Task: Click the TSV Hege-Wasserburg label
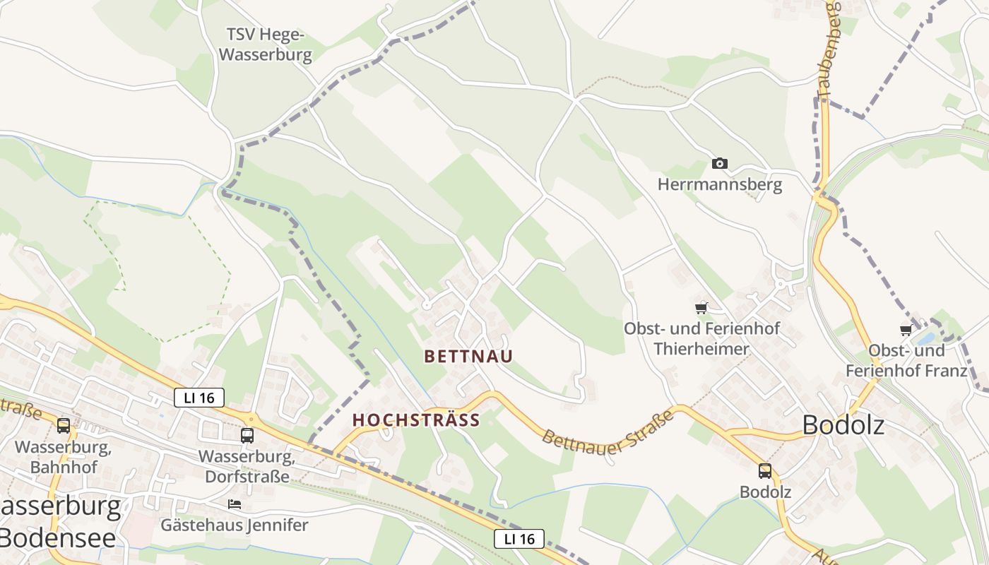click(x=266, y=45)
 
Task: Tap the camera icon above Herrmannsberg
click(x=719, y=164)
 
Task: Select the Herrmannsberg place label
click(x=719, y=185)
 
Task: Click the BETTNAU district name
click(x=468, y=357)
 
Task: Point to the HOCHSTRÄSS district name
click(x=416, y=420)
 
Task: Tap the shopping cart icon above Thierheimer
click(x=701, y=308)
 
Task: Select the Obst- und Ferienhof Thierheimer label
click(x=701, y=339)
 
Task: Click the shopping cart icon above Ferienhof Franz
click(x=906, y=330)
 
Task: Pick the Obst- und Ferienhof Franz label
click(x=906, y=361)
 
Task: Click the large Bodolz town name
click(x=843, y=426)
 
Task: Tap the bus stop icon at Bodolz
click(x=764, y=471)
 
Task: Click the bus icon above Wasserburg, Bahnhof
click(x=64, y=425)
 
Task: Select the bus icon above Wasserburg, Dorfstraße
click(x=247, y=435)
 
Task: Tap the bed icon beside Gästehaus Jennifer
click(x=235, y=504)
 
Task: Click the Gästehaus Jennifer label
click(x=235, y=525)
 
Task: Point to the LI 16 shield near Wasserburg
click(x=199, y=398)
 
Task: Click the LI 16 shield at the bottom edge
click(x=519, y=539)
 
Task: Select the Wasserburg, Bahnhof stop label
click(x=64, y=457)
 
